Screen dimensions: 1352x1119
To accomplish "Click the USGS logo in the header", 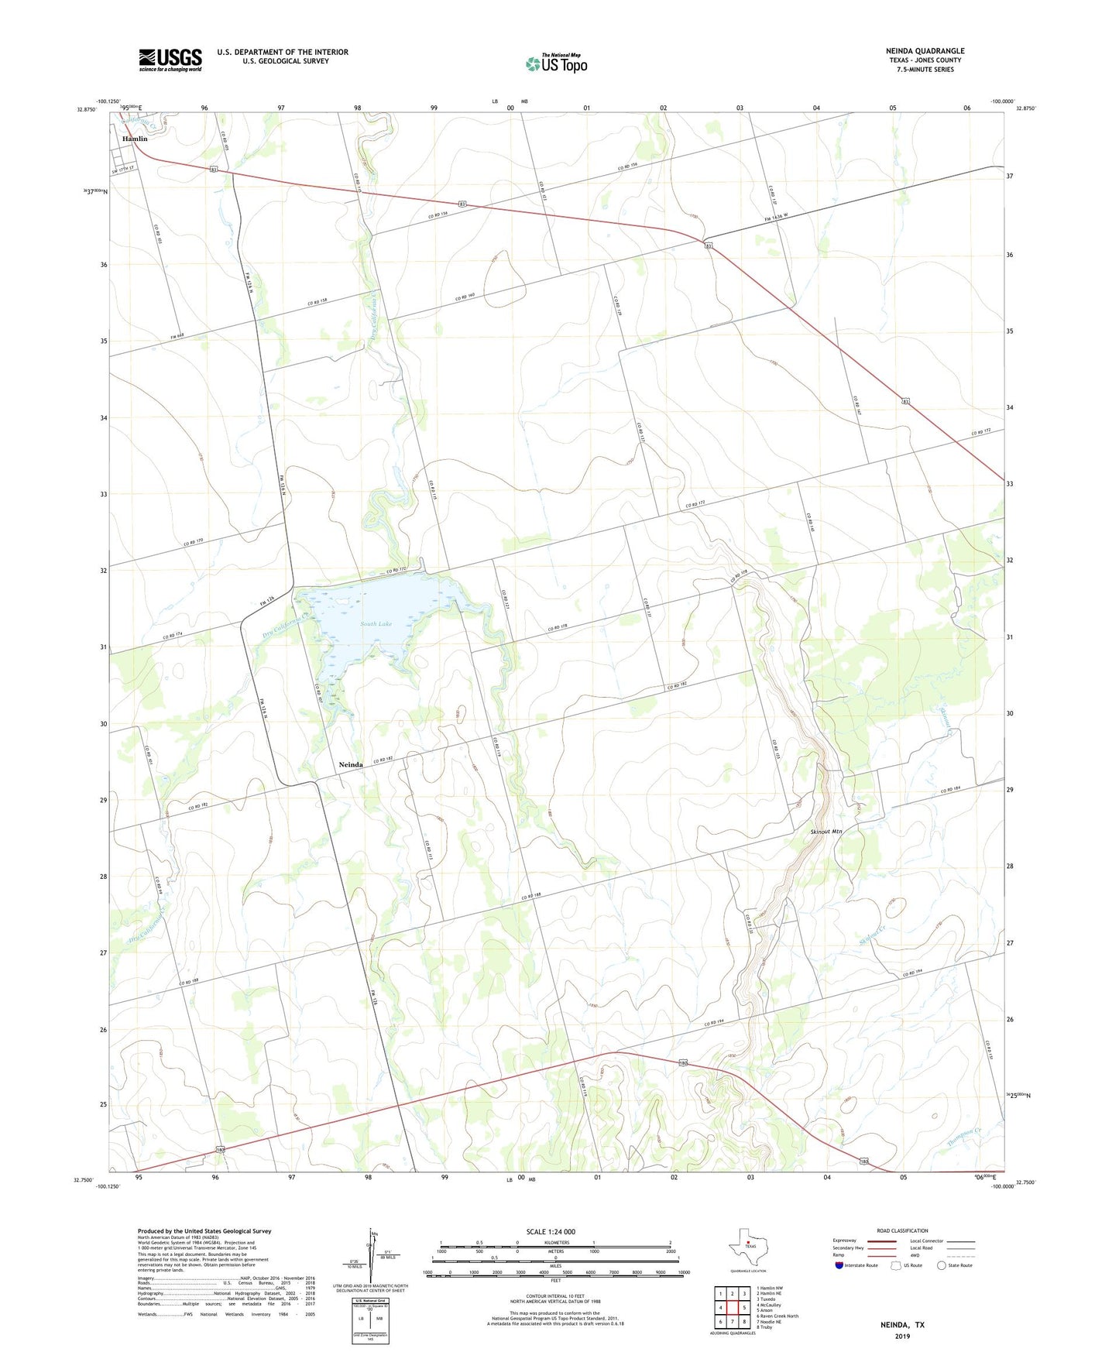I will click(x=170, y=60).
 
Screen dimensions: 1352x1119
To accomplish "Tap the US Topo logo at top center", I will click(x=556, y=63).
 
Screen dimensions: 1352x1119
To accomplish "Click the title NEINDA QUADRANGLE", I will click(x=925, y=51).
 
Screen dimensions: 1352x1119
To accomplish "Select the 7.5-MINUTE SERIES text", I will click(x=925, y=70).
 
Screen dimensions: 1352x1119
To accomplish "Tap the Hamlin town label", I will click(x=135, y=139).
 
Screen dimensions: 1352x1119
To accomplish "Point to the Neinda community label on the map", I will click(x=351, y=765).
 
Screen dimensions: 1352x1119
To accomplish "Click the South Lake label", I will click(x=376, y=623).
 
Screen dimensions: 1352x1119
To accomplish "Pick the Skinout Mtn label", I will click(x=826, y=831).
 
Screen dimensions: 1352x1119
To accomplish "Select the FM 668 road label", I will click(x=177, y=336).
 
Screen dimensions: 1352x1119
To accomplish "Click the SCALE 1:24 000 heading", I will click(x=551, y=1232).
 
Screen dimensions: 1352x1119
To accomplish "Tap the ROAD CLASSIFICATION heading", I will click(x=902, y=1230).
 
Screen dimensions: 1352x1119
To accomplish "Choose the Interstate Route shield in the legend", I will click(x=839, y=1265).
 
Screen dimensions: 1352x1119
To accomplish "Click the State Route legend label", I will click(x=959, y=1265).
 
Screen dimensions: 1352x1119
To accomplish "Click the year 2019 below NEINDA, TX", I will click(x=902, y=1337).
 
